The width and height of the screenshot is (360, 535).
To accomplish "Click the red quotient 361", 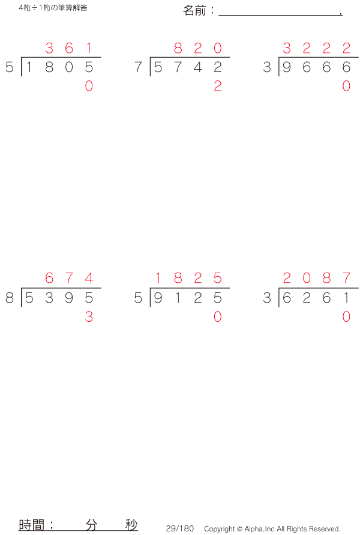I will pyautogui.click(x=69, y=49).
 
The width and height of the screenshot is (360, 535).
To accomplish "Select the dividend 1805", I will pyautogui.click(x=59, y=67).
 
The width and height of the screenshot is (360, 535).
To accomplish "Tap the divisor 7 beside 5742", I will pyautogui.click(x=139, y=67).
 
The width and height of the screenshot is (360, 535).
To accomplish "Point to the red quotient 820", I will pyautogui.click(x=197, y=49).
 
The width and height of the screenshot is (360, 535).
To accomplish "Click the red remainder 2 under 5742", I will pyautogui.click(x=217, y=86).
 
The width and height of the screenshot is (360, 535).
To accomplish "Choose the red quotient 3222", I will pyautogui.click(x=316, y=49).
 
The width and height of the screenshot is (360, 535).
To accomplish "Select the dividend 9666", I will pyautogui.click(x=316, y=67).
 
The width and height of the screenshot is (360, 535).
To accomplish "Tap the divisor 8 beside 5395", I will pyautogui.click(x=10, y=298).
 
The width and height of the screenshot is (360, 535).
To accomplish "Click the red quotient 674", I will pyautogui.click(x=69, y=279).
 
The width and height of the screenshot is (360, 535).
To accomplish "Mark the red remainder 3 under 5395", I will pyautogui.click(x=89, y=317).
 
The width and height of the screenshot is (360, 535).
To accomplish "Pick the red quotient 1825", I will pyautogui.click(x=188, y=279).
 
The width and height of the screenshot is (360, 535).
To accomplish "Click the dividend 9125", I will pyautogui.click(x=188, y=298).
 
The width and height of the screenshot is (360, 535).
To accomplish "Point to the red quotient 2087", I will pyautogui.click(x=316, y=279).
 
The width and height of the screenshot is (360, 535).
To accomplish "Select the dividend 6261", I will pyautogui.click(x=316, y=298).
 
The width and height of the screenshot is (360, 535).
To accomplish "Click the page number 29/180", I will pyautogui.click(x=180, y=528).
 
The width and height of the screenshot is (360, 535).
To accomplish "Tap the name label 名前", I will pyautogui.click(x=195, y=11).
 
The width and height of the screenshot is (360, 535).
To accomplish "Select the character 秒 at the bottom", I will pyautogui.click(x=131, y=525).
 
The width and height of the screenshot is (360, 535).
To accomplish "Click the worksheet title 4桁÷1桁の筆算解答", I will pyautogui.click(x=53, y=8).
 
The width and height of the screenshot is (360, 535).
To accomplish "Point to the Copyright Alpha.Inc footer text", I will pyautogui.click(x=272, y=529).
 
